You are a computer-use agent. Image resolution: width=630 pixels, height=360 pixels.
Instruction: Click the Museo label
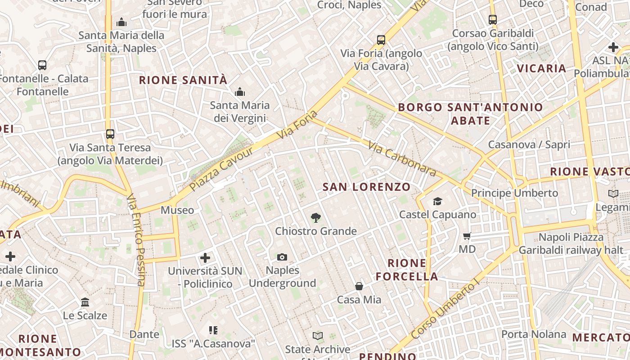tap(177, 210)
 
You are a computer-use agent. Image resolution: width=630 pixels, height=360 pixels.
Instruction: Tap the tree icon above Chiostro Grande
tap(316, 218)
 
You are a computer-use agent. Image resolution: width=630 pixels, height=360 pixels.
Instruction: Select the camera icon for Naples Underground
tap(282, 257)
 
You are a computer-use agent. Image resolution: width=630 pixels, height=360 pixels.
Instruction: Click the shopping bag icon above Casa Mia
tap(359, 286)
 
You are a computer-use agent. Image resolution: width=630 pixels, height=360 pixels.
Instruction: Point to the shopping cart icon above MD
tap(467, 236)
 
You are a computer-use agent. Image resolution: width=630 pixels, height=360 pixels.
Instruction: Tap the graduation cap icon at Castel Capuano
tap(437, 201)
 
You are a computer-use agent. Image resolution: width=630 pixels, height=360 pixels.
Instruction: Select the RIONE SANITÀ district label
tap(183, 80)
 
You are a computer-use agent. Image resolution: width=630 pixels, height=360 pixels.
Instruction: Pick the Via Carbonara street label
tap(402, 159)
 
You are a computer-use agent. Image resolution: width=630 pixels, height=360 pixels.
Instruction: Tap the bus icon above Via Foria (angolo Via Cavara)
tap(381, 40)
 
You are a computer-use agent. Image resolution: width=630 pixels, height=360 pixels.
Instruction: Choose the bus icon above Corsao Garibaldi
tap(493, 20)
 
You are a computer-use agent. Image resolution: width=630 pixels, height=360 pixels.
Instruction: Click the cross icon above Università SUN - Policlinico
tap(205, 258)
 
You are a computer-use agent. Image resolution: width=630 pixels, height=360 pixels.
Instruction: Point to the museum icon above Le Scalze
tap(85, 302)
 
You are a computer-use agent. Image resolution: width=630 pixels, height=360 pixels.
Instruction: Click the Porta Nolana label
tap(533, 334)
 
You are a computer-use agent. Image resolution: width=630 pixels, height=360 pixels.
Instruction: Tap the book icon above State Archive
tap(318, 336)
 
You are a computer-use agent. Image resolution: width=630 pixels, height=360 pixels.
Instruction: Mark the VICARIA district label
tap(541, 68)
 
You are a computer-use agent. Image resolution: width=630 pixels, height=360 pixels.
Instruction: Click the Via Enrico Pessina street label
tap(136, 240)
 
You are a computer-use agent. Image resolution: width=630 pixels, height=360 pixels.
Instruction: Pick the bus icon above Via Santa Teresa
tap(110, 134)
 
